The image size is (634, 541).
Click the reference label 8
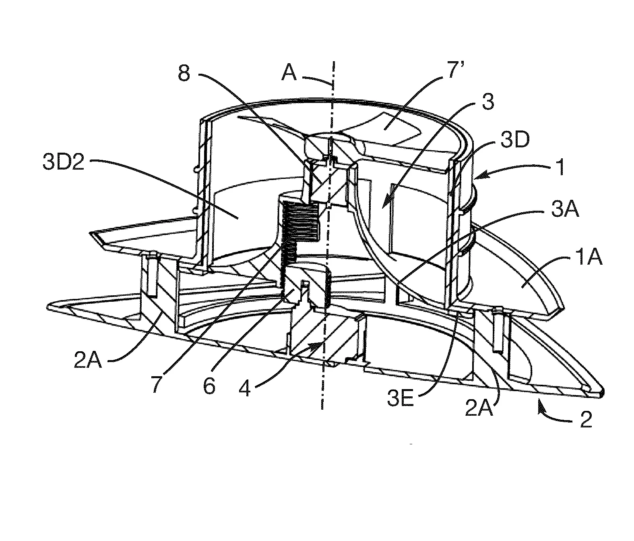coord(184,74)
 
